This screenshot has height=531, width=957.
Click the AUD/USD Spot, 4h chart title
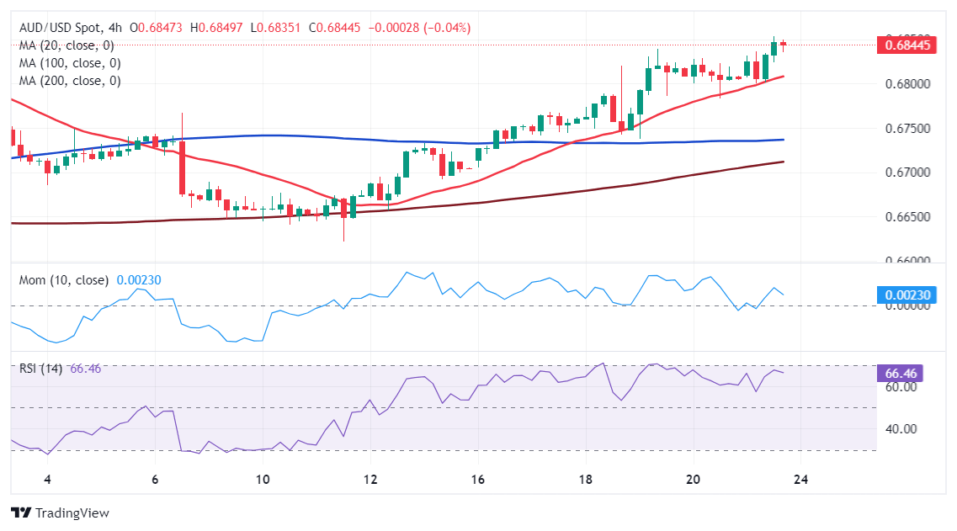coord(72,28)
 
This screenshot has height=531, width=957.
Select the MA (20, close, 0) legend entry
coord(66,45)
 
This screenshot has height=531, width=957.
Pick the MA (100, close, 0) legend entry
coord(69,63)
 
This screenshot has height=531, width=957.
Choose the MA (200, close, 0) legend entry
coord(69,81)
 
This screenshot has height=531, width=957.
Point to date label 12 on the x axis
coord(370,480)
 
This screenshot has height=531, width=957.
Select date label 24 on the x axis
coord(800,480)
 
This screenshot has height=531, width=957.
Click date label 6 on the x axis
coord(155,480)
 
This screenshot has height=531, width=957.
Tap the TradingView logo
coord(60,512)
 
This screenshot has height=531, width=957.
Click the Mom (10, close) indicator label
coord(63,280)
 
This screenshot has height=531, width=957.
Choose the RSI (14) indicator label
coord(40,369)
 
